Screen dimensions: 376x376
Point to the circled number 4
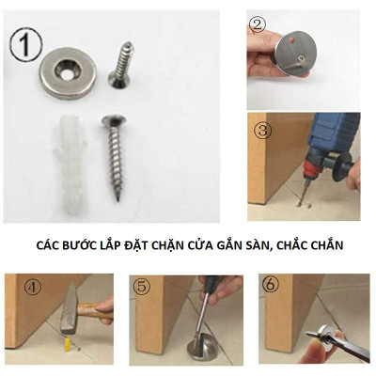point(18,287)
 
